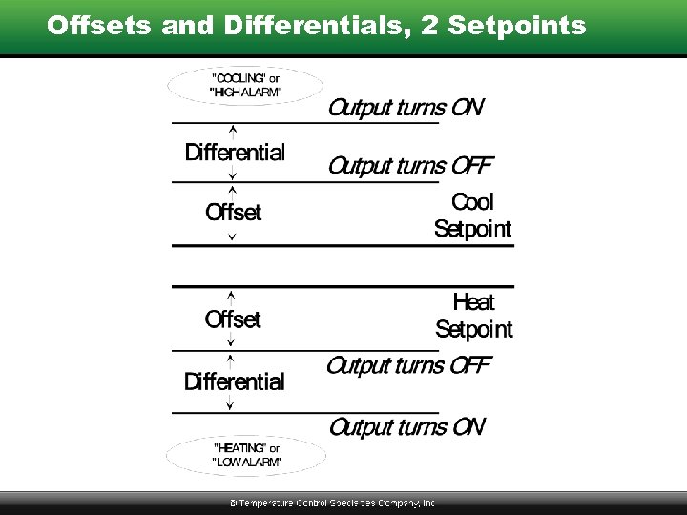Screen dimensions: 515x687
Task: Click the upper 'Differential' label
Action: [x=235, y=152]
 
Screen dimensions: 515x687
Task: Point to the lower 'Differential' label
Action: [x=234, y=381]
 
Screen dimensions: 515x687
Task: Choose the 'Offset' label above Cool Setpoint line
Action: [x=233, y=212]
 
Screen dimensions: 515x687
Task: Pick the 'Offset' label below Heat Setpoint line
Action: [x=233, y=319]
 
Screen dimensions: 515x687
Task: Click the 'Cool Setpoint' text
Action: [x=472, y=216]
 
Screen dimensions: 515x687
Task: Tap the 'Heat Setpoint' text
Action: [x=473, y=317]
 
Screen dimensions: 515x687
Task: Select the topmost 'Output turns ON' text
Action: [x=406, y=107]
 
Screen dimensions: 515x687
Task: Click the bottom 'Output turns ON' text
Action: [x=406, y=425]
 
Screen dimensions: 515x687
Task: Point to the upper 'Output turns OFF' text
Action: [x=410, y=165]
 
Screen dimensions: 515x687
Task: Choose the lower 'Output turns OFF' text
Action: [x=408, y=365]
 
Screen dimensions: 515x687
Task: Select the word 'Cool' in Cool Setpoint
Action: [x=472, y=202]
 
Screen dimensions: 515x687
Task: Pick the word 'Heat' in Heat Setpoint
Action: [x=473, y=303]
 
